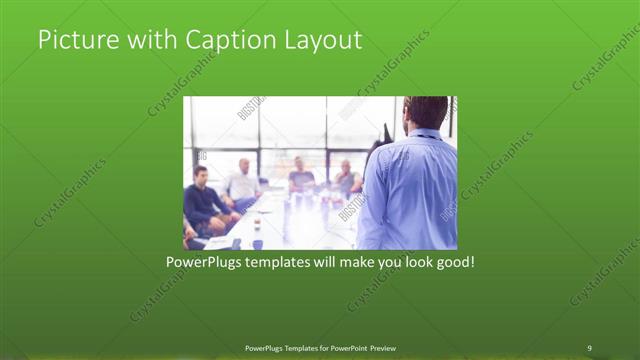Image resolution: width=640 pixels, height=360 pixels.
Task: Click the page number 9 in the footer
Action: tap(589, 347)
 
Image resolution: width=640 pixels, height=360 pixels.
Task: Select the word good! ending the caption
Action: tap(452, 263)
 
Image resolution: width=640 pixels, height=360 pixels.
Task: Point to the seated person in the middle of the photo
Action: tap(301, 178)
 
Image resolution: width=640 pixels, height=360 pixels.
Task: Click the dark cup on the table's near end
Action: tap(257, 243)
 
